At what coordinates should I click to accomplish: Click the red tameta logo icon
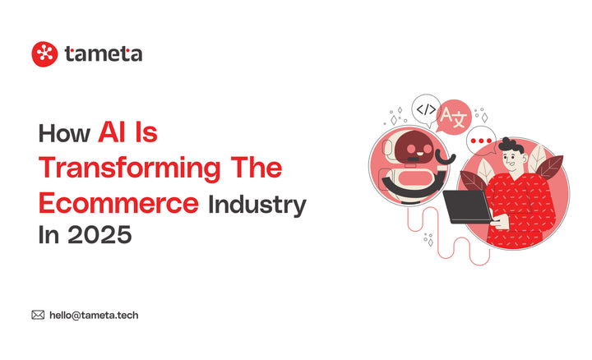click(x=44, y=54)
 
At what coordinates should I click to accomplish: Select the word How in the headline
click(x=64, y=133)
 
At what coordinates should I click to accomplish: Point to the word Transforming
click(x=130, y=168)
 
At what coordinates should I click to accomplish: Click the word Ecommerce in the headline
click(x=118, y=202)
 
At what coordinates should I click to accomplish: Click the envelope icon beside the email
click(x=38, y=314)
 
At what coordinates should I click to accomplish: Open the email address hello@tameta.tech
click(x=94, y=315)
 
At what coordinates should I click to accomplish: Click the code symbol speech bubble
click(x=425, y=108)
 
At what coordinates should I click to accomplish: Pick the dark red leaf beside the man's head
click(x=548, y=168)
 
